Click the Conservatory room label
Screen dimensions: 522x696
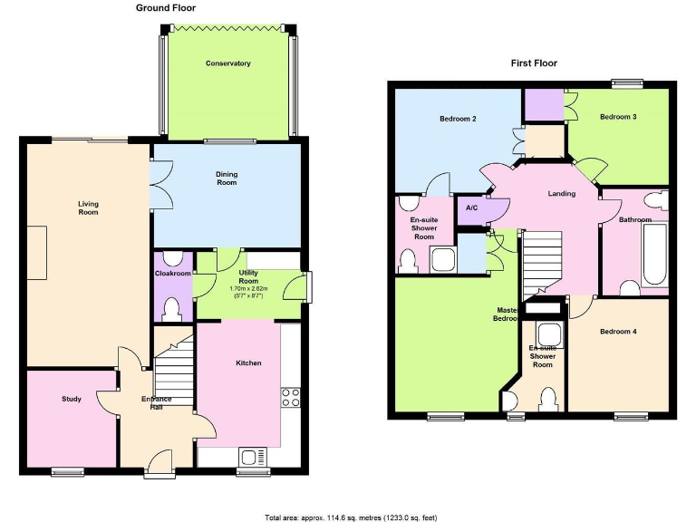tap(227, 63)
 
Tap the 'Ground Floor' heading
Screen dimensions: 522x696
tap(165, 8)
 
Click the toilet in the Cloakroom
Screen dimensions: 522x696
tap(172, 310)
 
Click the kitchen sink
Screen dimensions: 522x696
tap(250, 456)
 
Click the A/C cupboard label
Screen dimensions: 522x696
tap(471, 208)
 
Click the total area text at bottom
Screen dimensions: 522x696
tap(351, 517)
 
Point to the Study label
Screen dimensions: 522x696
tap(72, 399)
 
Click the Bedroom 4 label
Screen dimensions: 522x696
tap(618, 332)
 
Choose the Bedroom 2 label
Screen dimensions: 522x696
tap(459, 119)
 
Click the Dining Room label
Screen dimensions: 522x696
tap(227, 179)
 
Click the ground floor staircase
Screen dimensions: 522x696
tap(175, 367)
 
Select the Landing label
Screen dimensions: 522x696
tap(562, 193)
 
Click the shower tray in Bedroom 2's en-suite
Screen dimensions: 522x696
tap(442, 260)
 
